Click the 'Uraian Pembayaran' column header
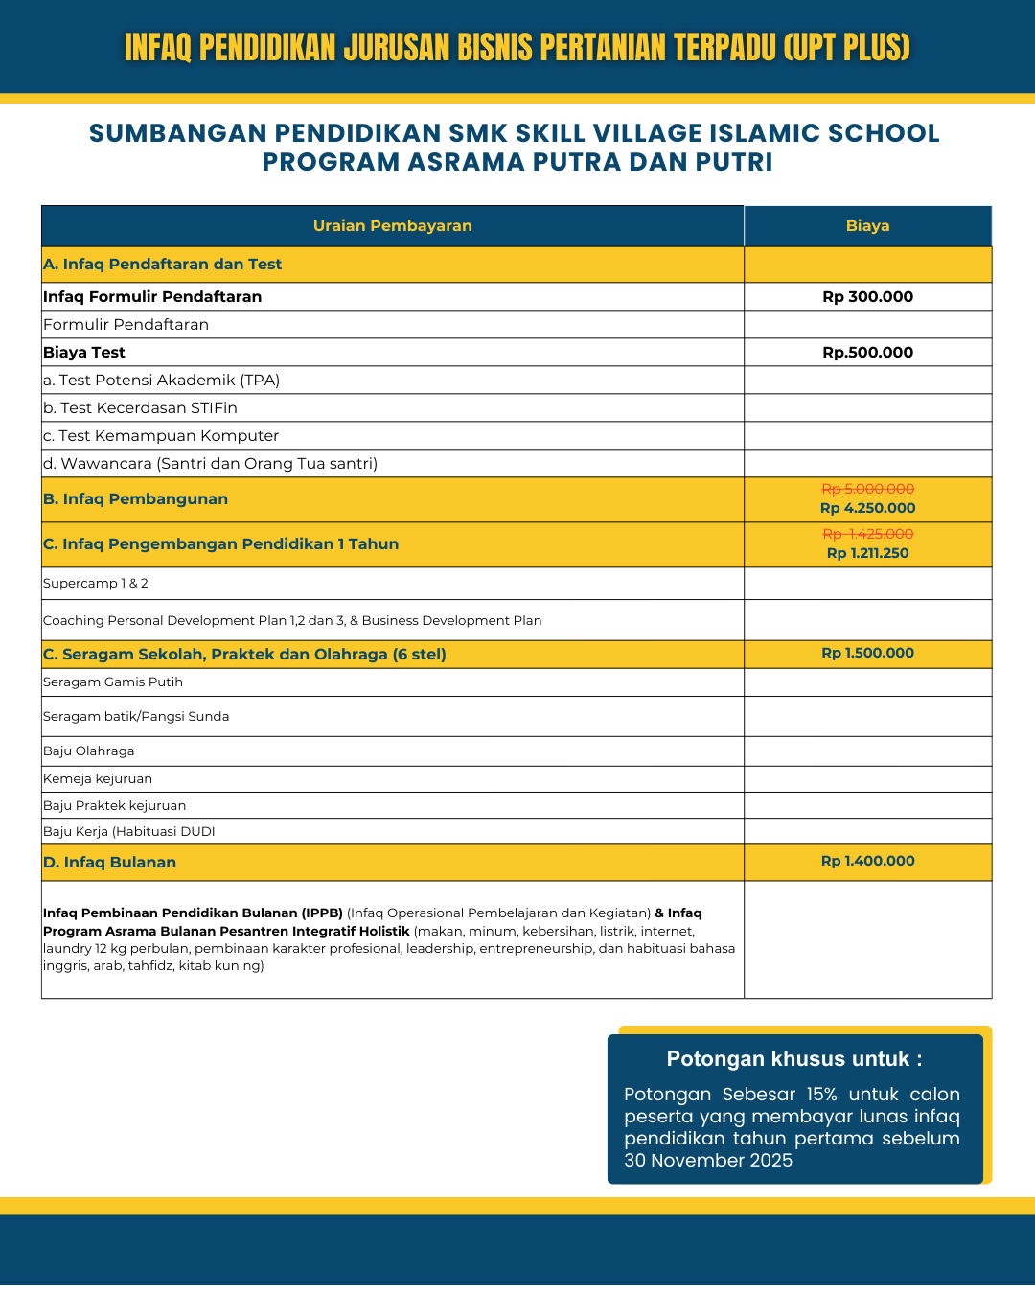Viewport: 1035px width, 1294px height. pyautogui.click(x=392, y=226)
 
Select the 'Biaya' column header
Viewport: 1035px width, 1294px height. pyautogui.click(x=867, y=226)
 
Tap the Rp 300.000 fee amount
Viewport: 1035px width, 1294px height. pyautogui.click(x=867, y=297)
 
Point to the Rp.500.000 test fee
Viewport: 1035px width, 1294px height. pyautogui.click(x=867, y=353)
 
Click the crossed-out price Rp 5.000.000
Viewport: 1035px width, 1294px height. pyautogui.click(x=867, y=490)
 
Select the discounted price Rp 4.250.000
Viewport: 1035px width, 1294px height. pyautogui.click(x=867, y=508)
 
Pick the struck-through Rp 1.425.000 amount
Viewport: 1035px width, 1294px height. pyautogui.click(x=867, y=535)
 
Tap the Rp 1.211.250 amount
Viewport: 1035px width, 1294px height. pyautogui.click(x=867, y=553)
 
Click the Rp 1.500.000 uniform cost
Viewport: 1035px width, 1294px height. pyautogui.click(x=867, y=653)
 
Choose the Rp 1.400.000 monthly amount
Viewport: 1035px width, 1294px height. pyautogui.click(x=867, y=861)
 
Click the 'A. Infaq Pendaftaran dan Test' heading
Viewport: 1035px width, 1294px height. pyautogui.click(x=163, y=265)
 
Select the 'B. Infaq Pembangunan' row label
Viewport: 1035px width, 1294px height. pyautogui.click(x=136, y=499)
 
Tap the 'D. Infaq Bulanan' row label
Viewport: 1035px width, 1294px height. pyautogui.click(x=110, y=863)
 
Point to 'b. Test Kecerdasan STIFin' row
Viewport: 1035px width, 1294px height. pyautogui.click(x=140, y=408)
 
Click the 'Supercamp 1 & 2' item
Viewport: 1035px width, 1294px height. pyautogui.click(x=96, y=584)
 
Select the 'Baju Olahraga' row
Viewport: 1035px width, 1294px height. pyautogui.click(x=89, y=751)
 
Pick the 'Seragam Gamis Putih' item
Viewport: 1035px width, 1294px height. pyautogui.click(x=113, y=682)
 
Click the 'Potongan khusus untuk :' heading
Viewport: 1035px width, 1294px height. pyautogui.click(x=794, y=1059)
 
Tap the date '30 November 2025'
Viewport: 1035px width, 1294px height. pyautogui.click(x=708, y=1161)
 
